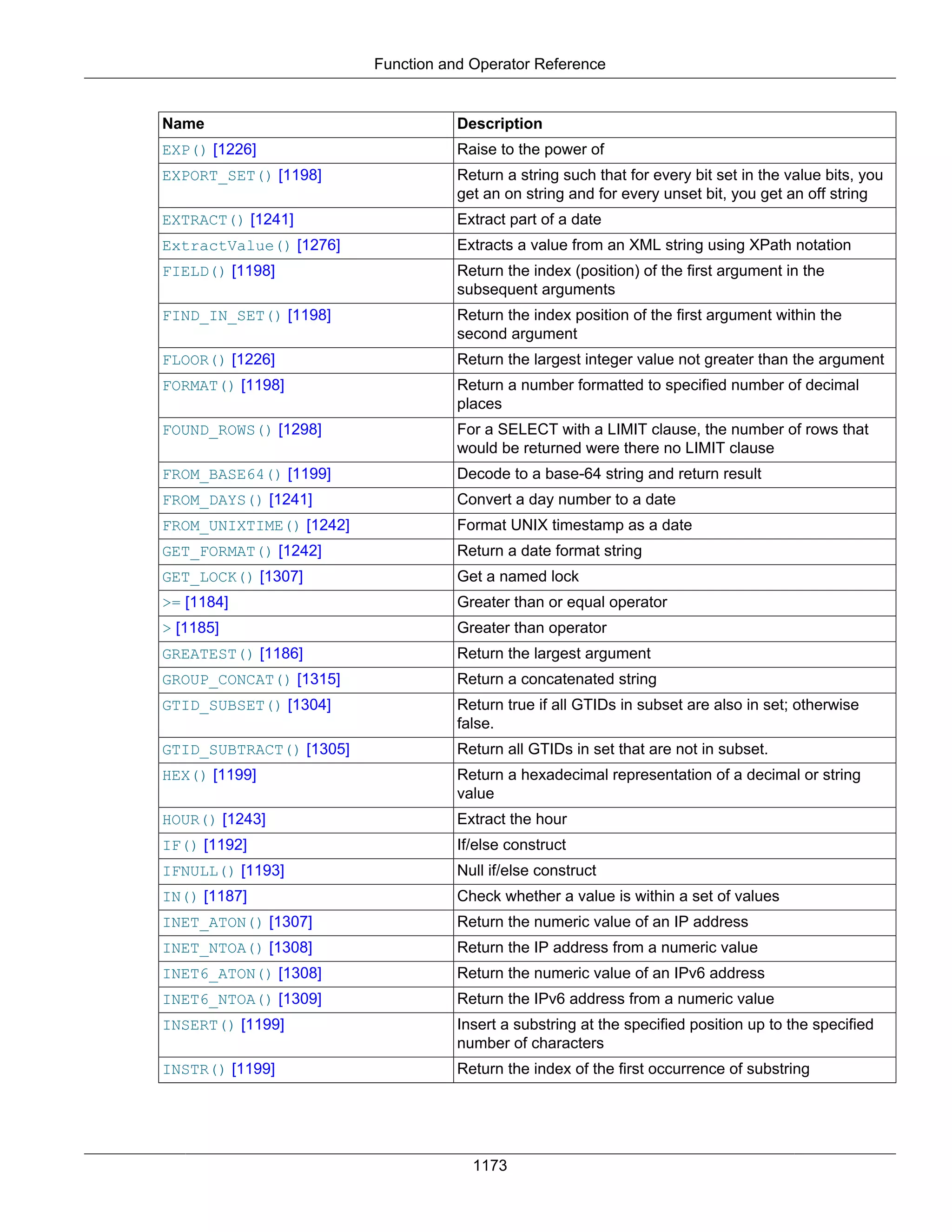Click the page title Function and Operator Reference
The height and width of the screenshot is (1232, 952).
coord(489,64)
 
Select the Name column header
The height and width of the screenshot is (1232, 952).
coord(183,124)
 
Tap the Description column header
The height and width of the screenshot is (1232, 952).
coord(499,124)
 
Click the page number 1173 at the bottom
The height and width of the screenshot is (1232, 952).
coord(489,1166)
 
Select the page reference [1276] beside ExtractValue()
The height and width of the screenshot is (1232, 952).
coord(318,245)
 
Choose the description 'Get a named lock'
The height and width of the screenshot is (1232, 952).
coord(518,576)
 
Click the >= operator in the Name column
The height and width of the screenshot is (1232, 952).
coord(172,603)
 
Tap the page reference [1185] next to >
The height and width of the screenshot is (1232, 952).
coord(198,628)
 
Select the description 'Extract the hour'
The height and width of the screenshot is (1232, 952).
coord(511,819)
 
